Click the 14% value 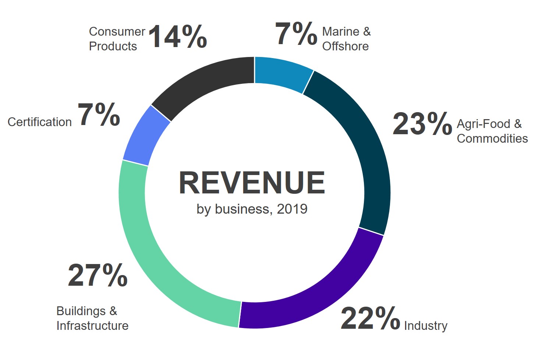(x=178, y=36)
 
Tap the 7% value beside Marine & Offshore (x=296, y=34)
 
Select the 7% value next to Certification (x=99, y=115)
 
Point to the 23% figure (x=422, y=124)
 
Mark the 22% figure (x=370, y=318)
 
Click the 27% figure (x=98, y=275)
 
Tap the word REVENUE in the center (x=252, y=183)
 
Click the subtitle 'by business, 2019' (x=252, y=209)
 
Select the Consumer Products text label (x=117, y=39)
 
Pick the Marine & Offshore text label (x=346, y=39)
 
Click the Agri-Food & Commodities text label (x=492, y=131)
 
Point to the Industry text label (x=426, y=326)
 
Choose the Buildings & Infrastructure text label (x=92, y=318)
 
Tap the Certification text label (x=40, y=122)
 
